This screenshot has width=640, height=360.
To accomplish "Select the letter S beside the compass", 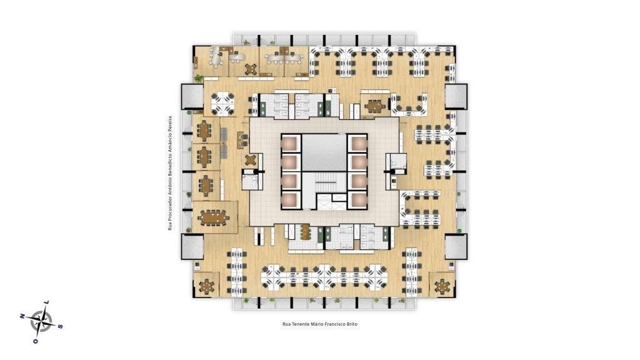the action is [x=61, y=326].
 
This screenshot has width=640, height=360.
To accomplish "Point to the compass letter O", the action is [x=36, y=341].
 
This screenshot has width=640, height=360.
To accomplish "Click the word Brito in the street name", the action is [x=351, y=324].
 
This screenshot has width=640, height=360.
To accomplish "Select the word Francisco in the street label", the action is [x=334, y=324].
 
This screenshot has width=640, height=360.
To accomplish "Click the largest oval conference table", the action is [x=214, y=217].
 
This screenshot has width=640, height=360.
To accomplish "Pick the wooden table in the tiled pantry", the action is [x=305, y=232].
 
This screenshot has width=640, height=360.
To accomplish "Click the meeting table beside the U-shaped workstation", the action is [x=374, y=106].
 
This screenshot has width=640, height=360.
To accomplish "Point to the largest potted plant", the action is [x=198, y=78].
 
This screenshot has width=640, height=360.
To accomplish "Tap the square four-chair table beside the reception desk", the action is [x=251, y=159].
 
